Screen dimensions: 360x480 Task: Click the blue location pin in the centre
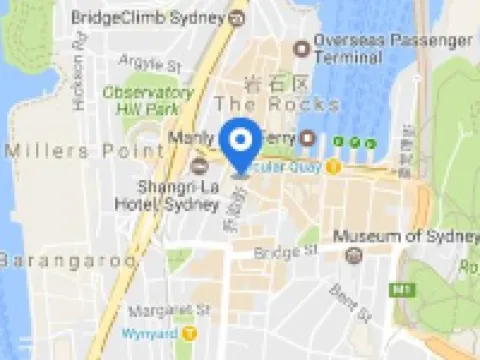(240, 148)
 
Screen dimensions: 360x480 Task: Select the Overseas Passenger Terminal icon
(300, 48)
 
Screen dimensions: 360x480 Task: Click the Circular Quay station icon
(333, 166)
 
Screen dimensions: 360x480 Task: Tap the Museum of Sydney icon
(352, 255)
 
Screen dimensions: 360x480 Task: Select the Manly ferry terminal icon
(307, 138)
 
